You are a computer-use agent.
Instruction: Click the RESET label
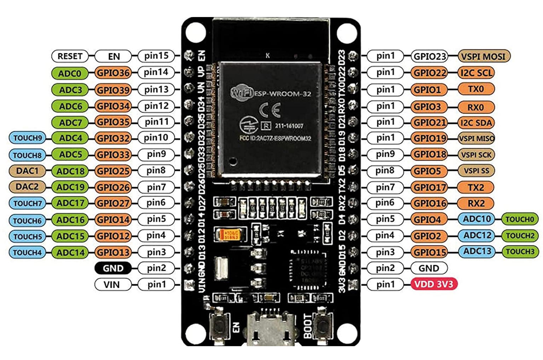click(70, 56)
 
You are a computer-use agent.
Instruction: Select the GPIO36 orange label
click(113, 73)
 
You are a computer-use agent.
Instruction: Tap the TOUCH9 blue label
click(27, 138)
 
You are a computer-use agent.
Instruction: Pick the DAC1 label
click(27, 171)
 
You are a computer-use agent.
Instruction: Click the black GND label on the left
click(113, 268)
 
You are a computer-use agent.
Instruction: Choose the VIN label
click(112, 285)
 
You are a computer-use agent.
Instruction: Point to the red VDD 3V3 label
click(434, 284)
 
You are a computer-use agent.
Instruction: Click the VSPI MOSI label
click(484, 56)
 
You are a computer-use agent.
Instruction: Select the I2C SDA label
click(476, 123)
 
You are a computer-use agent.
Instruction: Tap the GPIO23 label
click(429, 56)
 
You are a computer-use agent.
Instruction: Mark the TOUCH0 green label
click(519, 219)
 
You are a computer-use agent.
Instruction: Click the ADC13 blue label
click(477, 251)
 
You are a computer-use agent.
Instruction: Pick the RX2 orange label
click(476, 204)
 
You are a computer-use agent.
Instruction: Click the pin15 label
click(156, 56)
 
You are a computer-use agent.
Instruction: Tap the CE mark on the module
click(270, 110)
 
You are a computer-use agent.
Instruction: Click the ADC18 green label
click(70, 171)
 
